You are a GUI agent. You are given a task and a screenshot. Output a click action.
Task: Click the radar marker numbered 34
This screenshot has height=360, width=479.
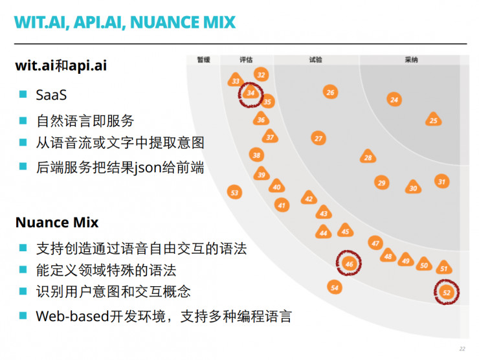tap(251, 94)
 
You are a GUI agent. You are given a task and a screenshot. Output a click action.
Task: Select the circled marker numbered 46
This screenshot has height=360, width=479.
tap(349, 264)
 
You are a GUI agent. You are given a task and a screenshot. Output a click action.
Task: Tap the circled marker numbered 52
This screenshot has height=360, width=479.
tap(446, 293)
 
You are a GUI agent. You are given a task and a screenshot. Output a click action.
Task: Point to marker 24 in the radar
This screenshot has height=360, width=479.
tap(394, 100)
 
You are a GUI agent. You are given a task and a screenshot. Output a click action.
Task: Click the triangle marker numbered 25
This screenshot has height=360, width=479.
tap(434, 120)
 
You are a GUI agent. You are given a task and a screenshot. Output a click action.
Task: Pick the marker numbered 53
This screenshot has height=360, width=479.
tap(235, 192)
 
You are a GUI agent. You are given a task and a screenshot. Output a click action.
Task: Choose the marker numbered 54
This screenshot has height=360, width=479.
tap(334, 287)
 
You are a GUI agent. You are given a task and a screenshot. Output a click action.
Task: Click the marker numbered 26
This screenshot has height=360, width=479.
tap(330, 93)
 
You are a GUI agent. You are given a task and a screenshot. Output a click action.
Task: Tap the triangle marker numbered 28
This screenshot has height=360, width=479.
tap(368, 157)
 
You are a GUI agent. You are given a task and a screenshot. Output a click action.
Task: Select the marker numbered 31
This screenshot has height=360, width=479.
tap(441, 182)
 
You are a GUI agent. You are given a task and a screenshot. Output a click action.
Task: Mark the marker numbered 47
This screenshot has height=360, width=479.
tap(375, 243)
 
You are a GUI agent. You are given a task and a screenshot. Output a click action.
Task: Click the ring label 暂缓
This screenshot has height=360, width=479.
tap(204, 60)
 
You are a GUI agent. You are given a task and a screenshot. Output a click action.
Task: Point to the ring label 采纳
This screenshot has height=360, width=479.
tap(411, 60)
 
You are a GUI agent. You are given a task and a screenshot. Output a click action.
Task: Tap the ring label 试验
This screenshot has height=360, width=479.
tap(315, 60)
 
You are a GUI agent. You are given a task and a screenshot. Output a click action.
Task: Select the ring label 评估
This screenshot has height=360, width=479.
tap(246, 60)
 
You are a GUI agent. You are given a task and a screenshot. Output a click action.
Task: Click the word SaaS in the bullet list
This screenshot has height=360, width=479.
tap(52, 95)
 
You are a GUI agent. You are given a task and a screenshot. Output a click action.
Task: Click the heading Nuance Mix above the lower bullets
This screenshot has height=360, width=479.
tap(57, 222)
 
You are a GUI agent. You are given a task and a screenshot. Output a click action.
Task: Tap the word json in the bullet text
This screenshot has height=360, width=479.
tap(148, 168)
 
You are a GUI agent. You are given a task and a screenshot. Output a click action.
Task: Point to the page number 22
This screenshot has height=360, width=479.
tap(462, 348)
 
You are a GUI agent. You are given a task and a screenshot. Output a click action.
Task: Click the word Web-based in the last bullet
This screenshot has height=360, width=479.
tap(70, 316)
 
